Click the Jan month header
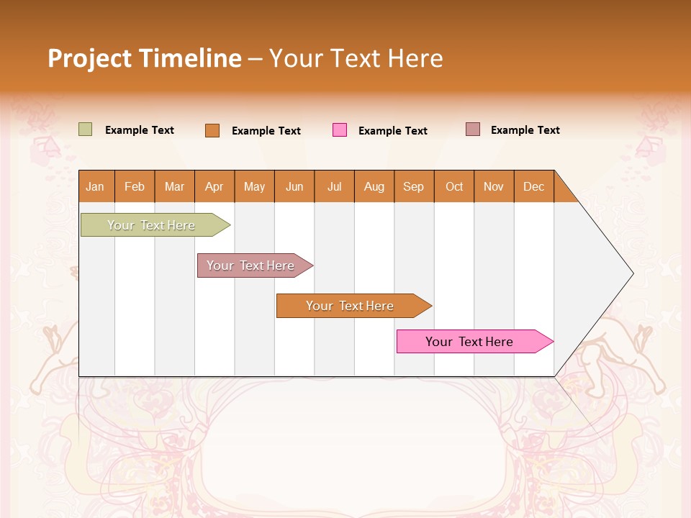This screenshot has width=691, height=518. (x=95, y=186)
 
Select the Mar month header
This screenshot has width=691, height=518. (x=174, y=186)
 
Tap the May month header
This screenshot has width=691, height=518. (x=254, y=186)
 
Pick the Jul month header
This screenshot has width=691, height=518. (x=334, y=186)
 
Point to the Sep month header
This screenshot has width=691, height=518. (x=413, y=186)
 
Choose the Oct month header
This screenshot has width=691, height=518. (x=454, y=186)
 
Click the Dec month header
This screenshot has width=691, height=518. (x=533, y=186)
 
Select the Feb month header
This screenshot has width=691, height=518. (x=135, y=186)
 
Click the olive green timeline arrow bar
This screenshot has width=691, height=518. (x=151, y=225)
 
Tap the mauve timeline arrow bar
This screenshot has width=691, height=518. (x=251, y=265)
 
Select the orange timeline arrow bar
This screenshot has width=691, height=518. (x=350, y=306)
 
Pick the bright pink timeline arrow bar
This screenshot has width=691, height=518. (x=469, y=342)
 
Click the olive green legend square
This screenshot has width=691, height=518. (x=85, y=129)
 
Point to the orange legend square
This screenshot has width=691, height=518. (x=212, y=130)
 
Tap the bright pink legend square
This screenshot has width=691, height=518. (x=340, y=130)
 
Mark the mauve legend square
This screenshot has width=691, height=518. (x=472, y=129)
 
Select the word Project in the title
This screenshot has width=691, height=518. (x=90, y=58)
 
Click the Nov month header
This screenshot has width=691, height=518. (x=494, y=186)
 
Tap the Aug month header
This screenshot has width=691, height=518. (x=374, y=186)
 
